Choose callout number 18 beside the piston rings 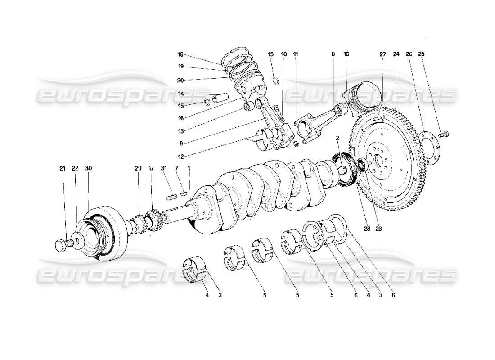(x=180, y=55)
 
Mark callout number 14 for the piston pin (x=180, y=94)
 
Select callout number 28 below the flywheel (x=366, y=228)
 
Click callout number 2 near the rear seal (x=337, y=138)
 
